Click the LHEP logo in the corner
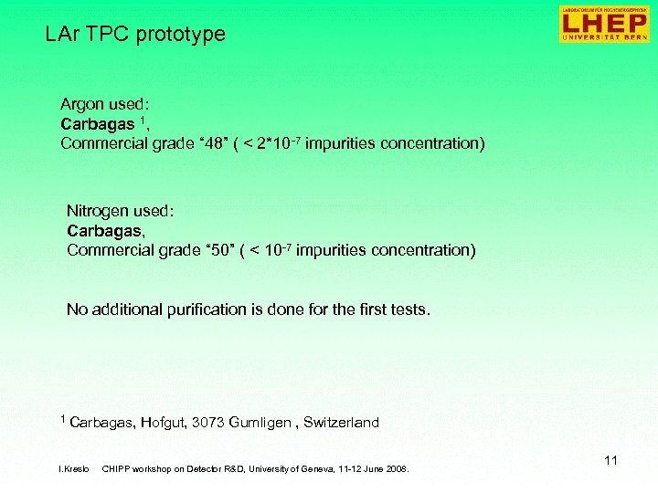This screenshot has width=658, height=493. (x=605, y=24)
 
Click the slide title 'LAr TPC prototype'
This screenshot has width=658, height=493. (x=135, y=35)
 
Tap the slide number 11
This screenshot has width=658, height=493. (x=610, y=460)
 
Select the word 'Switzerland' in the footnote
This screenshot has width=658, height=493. (x=341, y=423)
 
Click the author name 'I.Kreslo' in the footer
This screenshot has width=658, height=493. (x=73, y=469)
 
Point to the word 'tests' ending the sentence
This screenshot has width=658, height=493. (x=408, y=309)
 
